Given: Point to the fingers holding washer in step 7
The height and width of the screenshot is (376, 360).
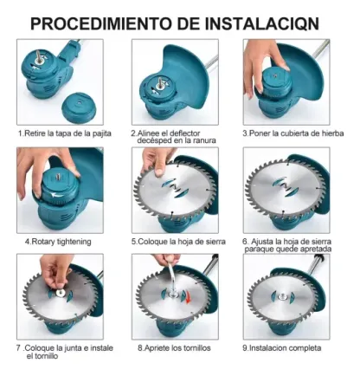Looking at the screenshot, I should [54, 269].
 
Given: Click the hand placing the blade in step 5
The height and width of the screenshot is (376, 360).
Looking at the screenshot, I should [161, 157].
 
